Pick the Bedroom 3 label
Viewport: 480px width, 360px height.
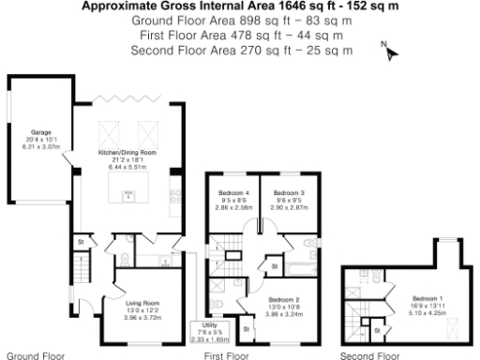pos(290,199)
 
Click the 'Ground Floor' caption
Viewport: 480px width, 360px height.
pos(36,355)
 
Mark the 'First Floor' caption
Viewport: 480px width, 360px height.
pos(226,355)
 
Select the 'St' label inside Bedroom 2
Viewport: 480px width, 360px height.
pos(246,329)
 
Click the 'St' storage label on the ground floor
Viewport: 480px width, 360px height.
pos(82,241)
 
